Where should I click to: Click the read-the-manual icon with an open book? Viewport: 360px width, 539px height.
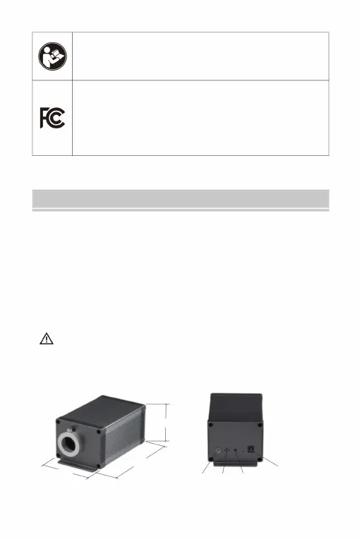(52, 56)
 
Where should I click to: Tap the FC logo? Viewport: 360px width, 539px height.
(52, 118)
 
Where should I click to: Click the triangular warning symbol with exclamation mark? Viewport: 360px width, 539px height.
(47, 339)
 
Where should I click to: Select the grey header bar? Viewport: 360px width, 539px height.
(181, 199)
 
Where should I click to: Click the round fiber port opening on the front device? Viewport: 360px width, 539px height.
(70, 444)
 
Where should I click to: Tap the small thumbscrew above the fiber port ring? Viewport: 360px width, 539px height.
(71, 431)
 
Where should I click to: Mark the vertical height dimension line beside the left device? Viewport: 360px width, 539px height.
(166, 423)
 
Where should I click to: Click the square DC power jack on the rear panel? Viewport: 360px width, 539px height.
(251, 449)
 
